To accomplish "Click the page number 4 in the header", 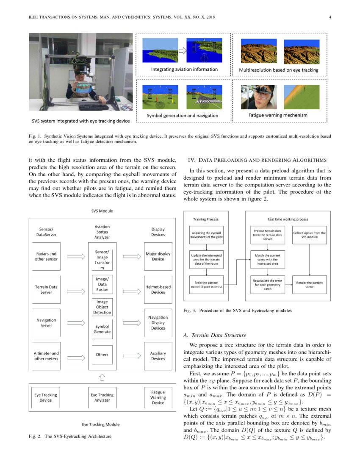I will pos(329,17).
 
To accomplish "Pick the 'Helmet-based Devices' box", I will pos(158,289).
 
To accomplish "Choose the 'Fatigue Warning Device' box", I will pos(158,397).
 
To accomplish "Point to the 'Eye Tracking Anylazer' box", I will pos(102,397).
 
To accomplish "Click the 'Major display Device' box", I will pos(158,256).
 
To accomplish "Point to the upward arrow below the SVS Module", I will pos(102,376).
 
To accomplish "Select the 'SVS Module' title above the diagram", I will pos(102,211).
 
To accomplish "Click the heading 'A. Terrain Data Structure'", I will pos(215,335).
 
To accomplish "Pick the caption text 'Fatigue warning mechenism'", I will pos(277,115).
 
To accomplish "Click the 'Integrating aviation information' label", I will pos(185,69).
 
